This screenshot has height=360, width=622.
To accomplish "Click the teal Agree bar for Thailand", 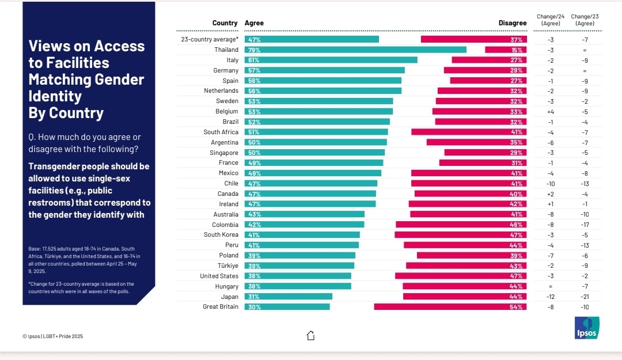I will click(x=355, y=50).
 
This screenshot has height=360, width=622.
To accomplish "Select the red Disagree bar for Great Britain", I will click(x=450, y=306).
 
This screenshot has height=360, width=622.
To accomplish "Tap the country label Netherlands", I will click(x=221, y=90).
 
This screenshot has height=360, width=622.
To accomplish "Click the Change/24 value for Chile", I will click(x=551, y=183).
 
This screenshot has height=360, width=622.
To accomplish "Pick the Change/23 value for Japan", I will click(x=585, y=296).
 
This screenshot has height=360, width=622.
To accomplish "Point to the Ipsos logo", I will click(x=587, y=328).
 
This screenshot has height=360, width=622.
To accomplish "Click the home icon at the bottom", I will click(x=311, y=335).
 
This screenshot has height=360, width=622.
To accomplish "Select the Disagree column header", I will click(x=512, y=23).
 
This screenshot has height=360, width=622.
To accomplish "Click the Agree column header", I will click(x=254, y=23).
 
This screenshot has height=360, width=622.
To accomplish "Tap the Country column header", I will click(x=225, y=23).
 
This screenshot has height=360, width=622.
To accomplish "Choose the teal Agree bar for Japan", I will click(x=289, y=296).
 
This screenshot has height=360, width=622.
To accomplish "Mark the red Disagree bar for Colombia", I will click(x=461, y=224).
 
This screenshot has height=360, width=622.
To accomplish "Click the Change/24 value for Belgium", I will click(x=551, y=111).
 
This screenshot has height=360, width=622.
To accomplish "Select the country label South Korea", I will click(x=221, y=234).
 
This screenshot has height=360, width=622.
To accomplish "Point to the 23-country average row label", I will click(x=209, y=39).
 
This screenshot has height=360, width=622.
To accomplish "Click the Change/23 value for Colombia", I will click(x=585, y=224).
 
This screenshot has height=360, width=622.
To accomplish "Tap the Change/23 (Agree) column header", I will click(x=585, y=20).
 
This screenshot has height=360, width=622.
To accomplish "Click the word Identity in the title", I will click(x=55, y=96).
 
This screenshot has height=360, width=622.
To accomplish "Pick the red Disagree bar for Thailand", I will click(x=505, y=50).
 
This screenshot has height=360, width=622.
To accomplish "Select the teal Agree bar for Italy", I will click(x=331, y=60).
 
